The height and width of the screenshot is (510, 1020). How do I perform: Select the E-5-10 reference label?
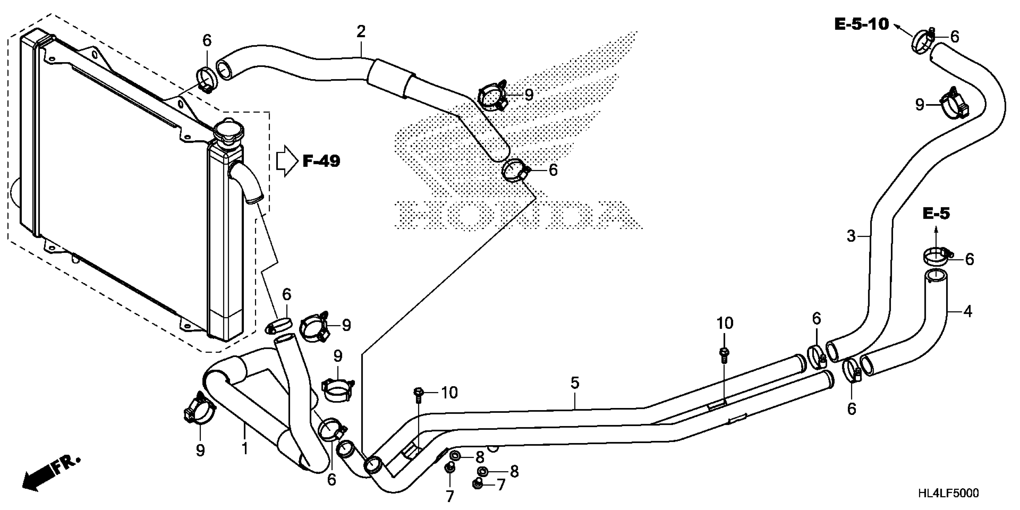tap(861, 25)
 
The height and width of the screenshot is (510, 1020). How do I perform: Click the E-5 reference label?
tap(936, 214)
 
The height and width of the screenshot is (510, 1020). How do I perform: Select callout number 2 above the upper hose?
tap(360, 32)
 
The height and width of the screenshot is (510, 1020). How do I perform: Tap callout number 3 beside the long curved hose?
tap(851, 236)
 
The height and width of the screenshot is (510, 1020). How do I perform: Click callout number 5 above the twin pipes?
tap(575, 382)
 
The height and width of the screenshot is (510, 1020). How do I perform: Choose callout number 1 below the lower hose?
tap(245, 448)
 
